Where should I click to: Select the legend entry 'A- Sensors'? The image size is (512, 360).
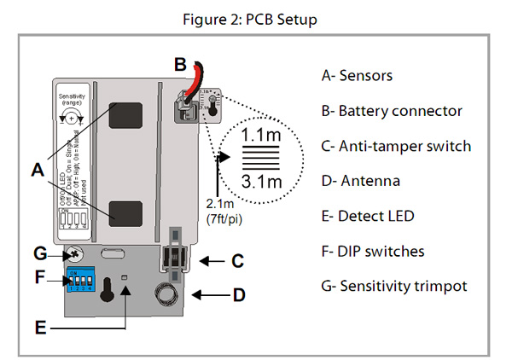[357, 75]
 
